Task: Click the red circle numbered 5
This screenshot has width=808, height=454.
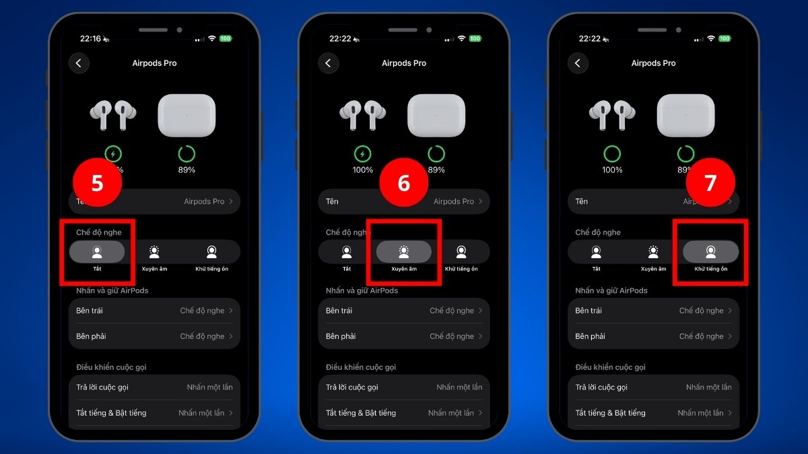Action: point(97,183)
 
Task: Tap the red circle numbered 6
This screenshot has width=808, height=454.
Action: point(404,183)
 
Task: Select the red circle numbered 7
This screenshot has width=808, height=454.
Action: point(710,183)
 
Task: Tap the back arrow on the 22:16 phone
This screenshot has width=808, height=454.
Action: point(79,63)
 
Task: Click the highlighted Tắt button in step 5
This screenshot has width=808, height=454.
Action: point(97,252)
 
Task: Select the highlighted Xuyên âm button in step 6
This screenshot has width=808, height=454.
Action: point(403,252)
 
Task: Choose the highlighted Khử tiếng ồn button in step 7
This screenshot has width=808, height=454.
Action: point(710,252)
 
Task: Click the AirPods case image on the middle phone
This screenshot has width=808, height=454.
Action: point(436,116)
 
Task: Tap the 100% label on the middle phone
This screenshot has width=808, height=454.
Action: point(362,170)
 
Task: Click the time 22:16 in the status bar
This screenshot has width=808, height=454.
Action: point(90,39)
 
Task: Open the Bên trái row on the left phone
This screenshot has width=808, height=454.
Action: point(154,311)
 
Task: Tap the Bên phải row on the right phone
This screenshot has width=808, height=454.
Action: point(653,336)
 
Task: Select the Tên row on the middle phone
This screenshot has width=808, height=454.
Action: point(403,201)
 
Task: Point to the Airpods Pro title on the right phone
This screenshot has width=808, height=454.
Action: point(653,63)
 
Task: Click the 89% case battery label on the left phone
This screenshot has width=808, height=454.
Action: point(187,170)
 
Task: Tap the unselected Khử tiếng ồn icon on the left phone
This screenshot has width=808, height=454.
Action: point(211,252)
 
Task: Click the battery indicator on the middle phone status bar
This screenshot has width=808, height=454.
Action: point(475,39)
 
